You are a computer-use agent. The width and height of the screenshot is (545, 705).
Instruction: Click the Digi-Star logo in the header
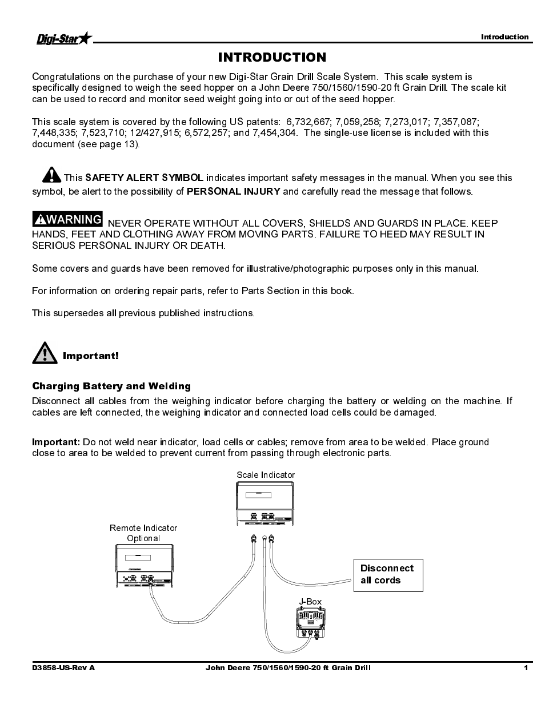coord(63,39)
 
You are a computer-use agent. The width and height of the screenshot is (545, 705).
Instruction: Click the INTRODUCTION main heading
coord(272,57)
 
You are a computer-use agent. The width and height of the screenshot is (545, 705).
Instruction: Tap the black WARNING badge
coord(67,219)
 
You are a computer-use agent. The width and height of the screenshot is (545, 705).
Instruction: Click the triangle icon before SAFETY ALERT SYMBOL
coord(51,175)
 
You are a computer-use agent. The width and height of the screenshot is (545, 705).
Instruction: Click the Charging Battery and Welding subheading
coord(111,386)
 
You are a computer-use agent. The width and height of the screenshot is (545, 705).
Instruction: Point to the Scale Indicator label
coord(266,475)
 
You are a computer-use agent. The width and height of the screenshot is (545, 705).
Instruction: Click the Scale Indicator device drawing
coord(266,503)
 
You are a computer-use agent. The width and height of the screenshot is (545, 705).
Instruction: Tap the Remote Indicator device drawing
coord(145,565)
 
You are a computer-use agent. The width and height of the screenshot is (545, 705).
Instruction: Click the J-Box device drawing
coord(310,623)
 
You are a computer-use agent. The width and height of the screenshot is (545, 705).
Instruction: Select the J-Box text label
coord(310,601)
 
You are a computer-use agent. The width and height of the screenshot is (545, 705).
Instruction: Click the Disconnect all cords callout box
coord(388,575)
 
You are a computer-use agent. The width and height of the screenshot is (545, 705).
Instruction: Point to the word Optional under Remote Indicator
coord(143,538)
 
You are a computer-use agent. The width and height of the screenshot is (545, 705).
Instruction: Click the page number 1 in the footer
coord(526,668)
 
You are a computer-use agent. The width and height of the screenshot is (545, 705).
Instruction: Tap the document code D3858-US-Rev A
coord(63,668)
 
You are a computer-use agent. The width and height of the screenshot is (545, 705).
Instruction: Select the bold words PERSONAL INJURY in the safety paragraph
coord(233,191)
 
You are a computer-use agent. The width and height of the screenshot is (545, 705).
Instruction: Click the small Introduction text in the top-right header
coord(504,37)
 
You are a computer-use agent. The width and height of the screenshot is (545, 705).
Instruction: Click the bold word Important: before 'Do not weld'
coord(56,442)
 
